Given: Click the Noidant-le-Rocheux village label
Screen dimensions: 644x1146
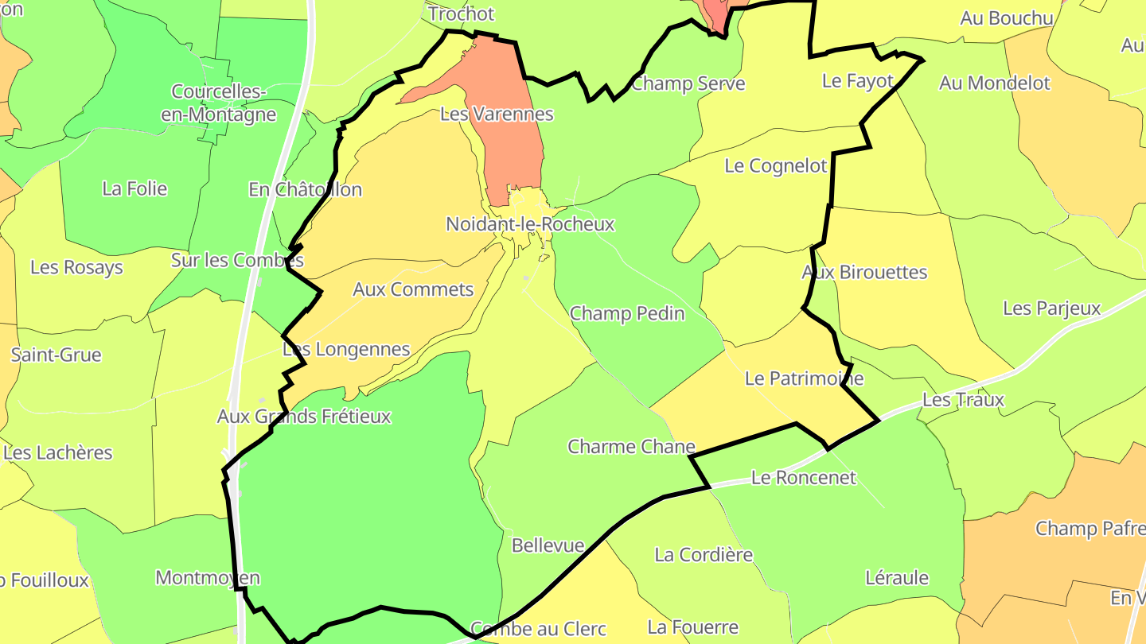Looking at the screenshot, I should click(x=530, y=224).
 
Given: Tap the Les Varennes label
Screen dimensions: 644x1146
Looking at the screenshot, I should click(x=497, y=114).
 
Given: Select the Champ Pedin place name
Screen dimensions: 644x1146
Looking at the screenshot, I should click(x=627, y=313).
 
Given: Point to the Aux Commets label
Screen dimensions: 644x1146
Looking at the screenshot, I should click(x=413, y=289).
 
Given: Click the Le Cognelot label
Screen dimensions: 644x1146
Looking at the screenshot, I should click(x=776, y=166).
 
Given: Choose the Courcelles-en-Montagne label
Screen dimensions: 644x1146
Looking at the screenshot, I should click(x=218, y=103).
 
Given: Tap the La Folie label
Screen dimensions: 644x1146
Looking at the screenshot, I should click(x=134, y=188).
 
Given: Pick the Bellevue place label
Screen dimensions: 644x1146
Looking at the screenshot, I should click(x=548, y=546).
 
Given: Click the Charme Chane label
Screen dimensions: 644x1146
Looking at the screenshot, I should click(x=631, y=447).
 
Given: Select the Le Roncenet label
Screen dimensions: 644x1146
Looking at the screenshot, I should click(x=804, y=478).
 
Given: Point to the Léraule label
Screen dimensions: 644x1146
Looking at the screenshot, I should click(x=897, y=578).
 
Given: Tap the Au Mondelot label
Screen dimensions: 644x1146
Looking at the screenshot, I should click(x=995, y=83).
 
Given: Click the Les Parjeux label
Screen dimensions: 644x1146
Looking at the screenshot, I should click(x=1051, y=308).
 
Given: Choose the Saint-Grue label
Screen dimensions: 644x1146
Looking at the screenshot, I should click(x=57, y=355).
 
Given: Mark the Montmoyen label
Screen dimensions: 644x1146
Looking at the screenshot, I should click(x=208, y=577).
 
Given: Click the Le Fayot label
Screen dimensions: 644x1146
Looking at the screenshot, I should click(x=858, y=81).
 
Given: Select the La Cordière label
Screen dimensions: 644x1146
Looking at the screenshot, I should click(x=704, y=554).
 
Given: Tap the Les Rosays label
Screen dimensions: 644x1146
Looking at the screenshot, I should click(x=76, y=267).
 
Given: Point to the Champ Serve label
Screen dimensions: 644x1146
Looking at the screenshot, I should click(x=688, y=83).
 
